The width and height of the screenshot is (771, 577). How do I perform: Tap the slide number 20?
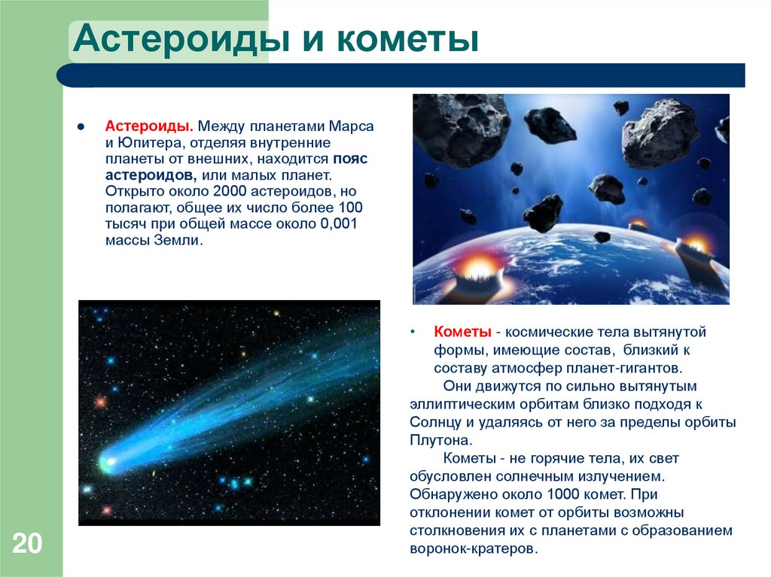tap(27, 543)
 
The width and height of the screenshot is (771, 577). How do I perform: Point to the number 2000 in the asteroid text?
tap(226, 192)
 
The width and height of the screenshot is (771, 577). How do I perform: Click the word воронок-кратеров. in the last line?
tap(474, 548)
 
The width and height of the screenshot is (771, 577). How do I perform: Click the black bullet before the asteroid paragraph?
tap(80, 126)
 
